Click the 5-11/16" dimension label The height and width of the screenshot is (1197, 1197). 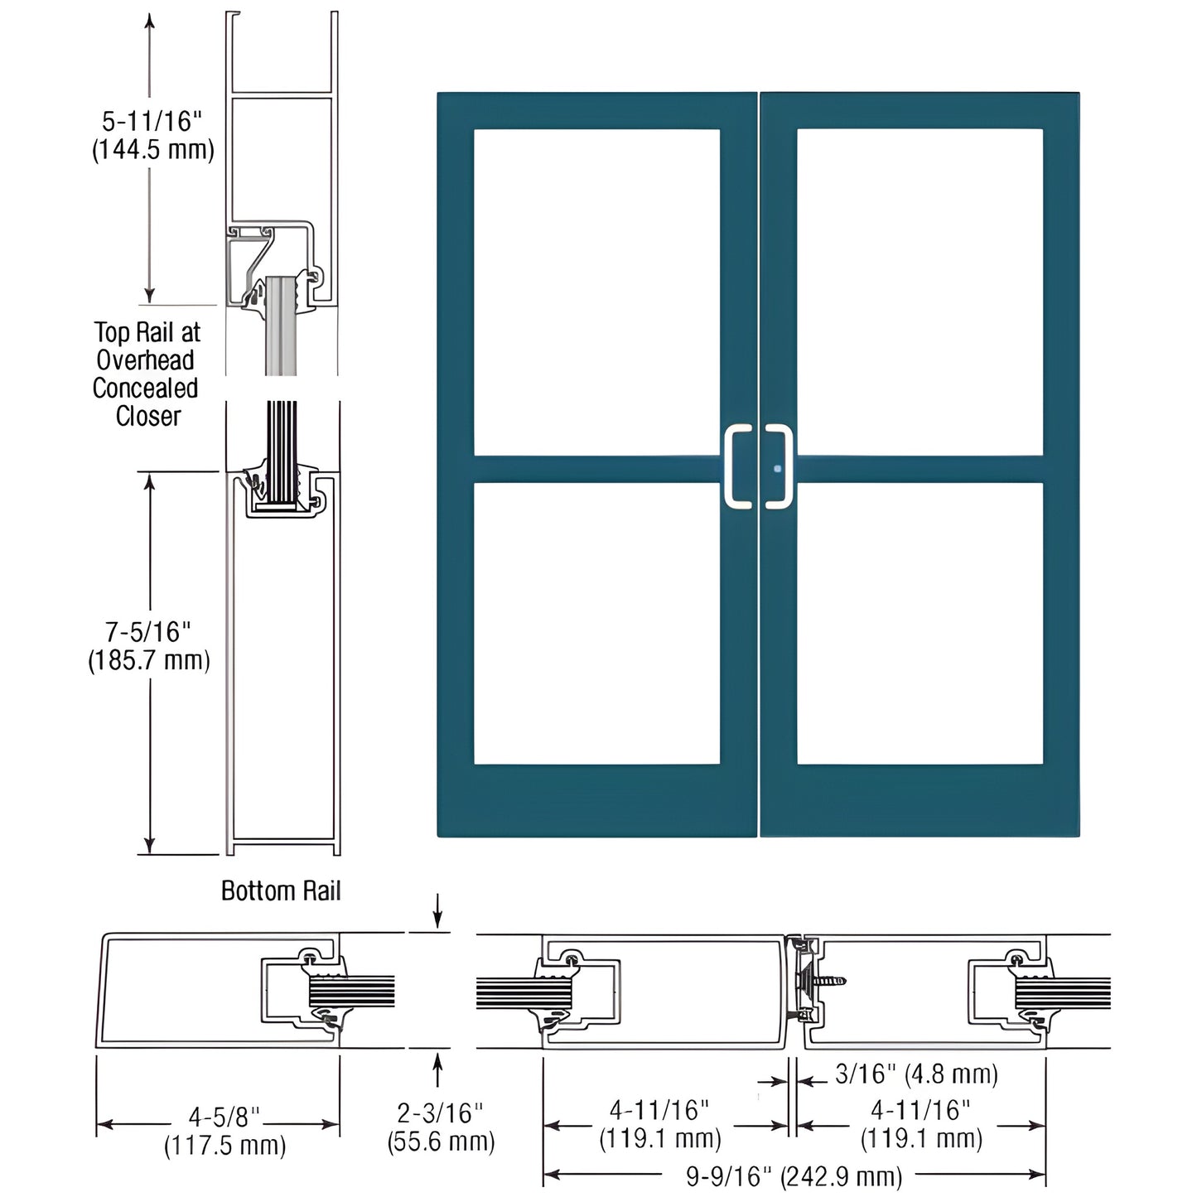click(x=152, y=122)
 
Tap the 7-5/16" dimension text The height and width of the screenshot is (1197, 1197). click(x=147, y=632)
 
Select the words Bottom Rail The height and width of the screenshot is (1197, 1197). click(x=281, y=891)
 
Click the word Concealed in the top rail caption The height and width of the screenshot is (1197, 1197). click(x=145, y=389)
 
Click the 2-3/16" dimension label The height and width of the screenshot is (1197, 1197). click(x=440, y=1113)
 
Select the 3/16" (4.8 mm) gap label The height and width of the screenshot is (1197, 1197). click(x=916, y=1074)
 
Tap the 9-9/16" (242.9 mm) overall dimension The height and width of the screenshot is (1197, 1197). click(x=794, y=1175)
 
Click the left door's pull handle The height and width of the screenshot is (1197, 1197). click(x=739, y=467)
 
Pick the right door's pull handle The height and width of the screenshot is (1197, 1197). click(x=779, y=467)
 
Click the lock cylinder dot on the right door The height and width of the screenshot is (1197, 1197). click(x=777, y=469)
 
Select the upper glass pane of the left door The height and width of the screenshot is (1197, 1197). click(x=597, y=292)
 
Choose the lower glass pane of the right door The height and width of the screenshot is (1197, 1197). click(x=920, y=623)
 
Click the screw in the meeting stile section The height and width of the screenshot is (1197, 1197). click(x=828, y=982)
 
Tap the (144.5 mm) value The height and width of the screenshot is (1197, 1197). click(x=152, y=150)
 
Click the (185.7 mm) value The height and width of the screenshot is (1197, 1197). click(x=149, y=660)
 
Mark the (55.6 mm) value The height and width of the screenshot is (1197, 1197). click(x=441, y=1141)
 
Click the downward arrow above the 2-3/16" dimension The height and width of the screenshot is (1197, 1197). click(x=438, y=911)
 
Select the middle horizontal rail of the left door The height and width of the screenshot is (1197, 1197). click(x=597, y=469)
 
